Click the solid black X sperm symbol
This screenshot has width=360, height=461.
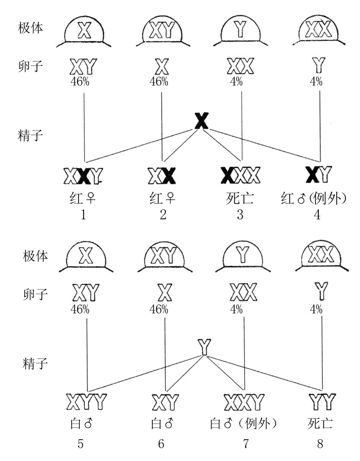[x=201, y=121]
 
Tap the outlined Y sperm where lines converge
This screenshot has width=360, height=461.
[x=205, y=347]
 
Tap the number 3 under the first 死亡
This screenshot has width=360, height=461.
[x=240, y=215]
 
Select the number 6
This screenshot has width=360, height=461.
[x=161, y=444]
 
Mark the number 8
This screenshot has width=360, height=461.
[x=321, y=444]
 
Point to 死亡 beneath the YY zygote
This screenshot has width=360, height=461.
[x=321, y=424]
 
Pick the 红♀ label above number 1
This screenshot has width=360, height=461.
[x=83, y=199]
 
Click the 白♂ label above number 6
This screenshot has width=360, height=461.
[x=162, y=424]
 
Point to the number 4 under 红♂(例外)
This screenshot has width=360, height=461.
[x=317, y=215]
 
